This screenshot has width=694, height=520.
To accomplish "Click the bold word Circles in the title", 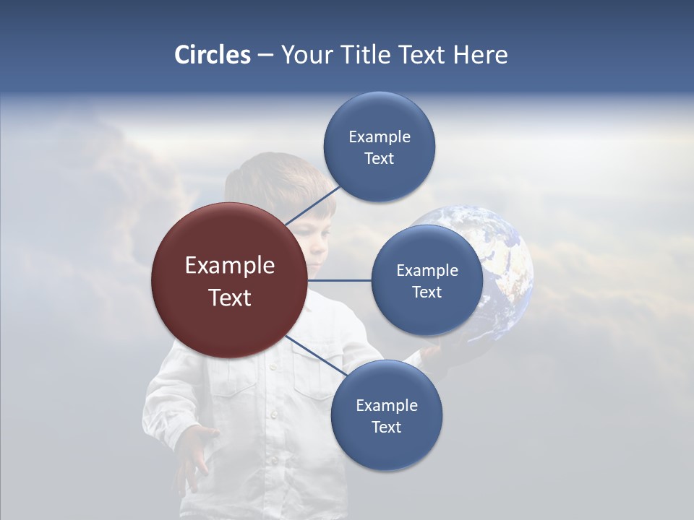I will pyautogui.click(x=212, y=55).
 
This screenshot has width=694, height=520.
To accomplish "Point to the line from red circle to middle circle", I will pyautogui.click(x=340, y=280).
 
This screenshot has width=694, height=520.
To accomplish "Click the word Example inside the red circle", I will pyautogui.click(x=230, y=266).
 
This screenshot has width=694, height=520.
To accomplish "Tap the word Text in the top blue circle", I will pyautogui.click(x=379, y=159).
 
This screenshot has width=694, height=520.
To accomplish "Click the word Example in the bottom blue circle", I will pyautogui.click(x=386, y=405).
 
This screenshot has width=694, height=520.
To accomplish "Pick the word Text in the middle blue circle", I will pyautogui.click(x=427, y=292).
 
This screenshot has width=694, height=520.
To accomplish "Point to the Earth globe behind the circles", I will pyautogui.click(x=506, y=260).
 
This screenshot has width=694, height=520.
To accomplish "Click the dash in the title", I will pyautogui.click(x=265, y=56).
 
